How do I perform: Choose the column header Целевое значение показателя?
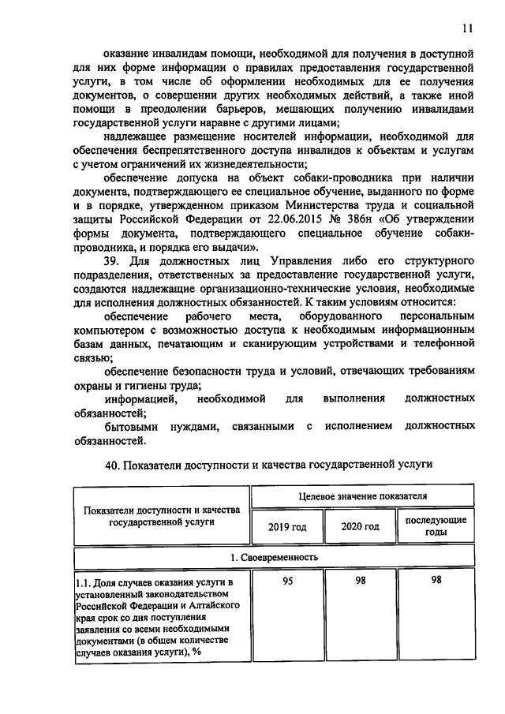363,496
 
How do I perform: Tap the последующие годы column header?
436,526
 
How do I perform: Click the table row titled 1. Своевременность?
273,557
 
